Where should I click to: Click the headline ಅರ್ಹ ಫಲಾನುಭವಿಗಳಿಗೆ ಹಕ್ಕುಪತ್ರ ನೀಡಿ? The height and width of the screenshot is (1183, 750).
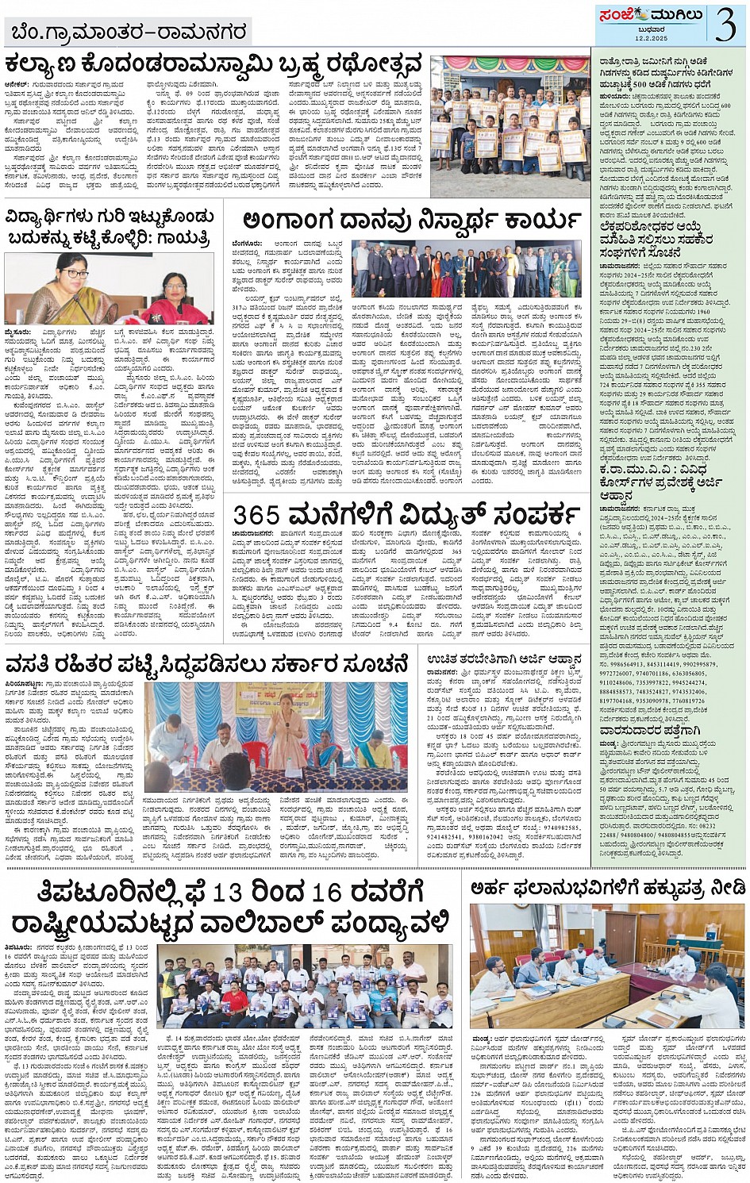pos(607,887)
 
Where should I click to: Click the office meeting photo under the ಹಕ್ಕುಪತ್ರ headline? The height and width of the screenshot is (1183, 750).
pos(606,966)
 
